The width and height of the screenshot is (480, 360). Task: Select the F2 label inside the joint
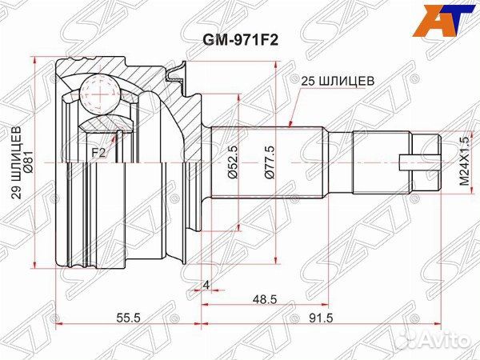98,150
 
